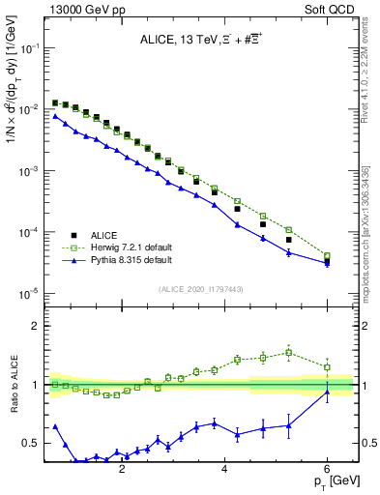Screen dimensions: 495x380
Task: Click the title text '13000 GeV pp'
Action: (x=76, y=11)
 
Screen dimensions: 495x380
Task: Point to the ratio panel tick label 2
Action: (x=33, y=326)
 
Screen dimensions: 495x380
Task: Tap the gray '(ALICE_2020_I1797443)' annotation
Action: (x=201, y=287)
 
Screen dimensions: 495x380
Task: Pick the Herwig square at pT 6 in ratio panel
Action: (x=328, y=367)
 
